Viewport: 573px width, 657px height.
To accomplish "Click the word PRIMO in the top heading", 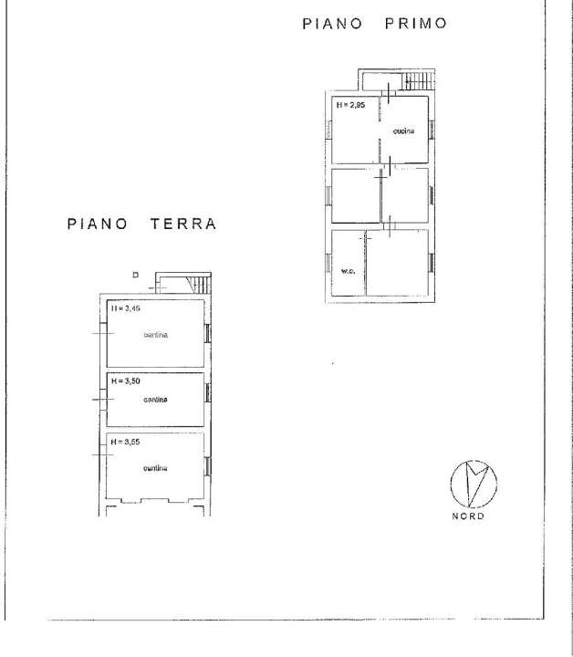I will click(415, 23).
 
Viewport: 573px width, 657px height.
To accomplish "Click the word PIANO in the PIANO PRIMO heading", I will click(332, 23).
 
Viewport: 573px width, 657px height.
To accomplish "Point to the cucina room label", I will click(403, 132).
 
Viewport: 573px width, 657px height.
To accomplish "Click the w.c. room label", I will click(347, 271).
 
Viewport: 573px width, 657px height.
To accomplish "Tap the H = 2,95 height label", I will click(350, 105).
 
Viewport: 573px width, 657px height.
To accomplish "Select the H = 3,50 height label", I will click(125, 381).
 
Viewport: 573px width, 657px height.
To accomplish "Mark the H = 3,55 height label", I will click(125, 442).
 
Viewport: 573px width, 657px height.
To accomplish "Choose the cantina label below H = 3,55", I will click(154, 469).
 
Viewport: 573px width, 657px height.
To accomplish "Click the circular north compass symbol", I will click(474, 484).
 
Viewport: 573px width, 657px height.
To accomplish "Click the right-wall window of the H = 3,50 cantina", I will click(208, 393).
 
